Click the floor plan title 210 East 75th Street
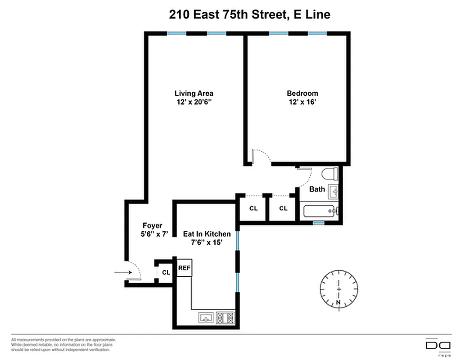pos(249,14)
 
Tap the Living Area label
pos(194,93)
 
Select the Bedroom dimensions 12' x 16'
pos(302,102)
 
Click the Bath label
pos(317,189)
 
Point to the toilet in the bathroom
pos(330,174)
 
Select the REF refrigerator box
pos(184,268)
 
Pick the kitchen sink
pos(206,318)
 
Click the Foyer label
pos(152,225)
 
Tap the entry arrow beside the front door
pos(122,272)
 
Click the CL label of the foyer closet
pos(166,272)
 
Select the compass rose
pos(339,288)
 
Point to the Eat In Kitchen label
pos(207,234)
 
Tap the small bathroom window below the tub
pos(319,223)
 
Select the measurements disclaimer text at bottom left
pos(63,345)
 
